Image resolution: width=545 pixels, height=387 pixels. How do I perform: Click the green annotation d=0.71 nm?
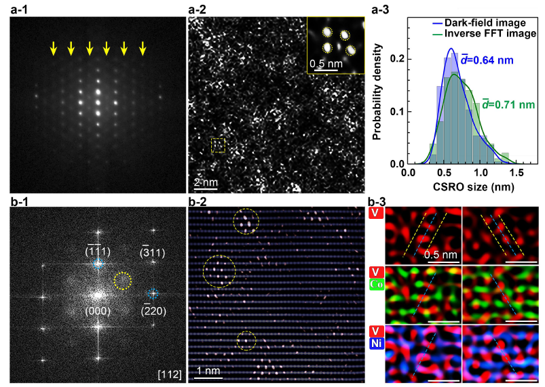506,104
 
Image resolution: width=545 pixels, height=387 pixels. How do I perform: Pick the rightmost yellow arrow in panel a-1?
143,48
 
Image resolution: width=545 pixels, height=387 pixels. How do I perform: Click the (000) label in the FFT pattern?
94,310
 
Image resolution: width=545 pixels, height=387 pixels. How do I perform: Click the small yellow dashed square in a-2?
218,145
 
